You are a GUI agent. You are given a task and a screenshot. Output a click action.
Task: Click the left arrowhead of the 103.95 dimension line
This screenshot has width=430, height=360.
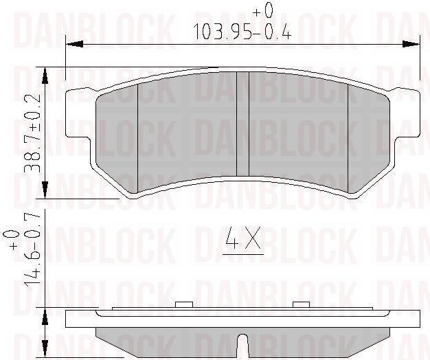click(71, 44)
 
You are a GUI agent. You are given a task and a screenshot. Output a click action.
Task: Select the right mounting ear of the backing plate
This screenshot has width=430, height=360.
click(408, 113)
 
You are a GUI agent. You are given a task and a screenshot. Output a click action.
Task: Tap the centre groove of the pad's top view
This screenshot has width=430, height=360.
click(241, 124)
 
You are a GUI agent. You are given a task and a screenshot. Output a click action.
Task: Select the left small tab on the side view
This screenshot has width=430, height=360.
click(183, 304)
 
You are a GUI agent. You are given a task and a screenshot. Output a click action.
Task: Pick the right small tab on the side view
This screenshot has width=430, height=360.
click(301, 304)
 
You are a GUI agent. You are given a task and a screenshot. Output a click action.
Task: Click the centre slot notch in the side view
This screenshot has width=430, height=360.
click(241, 346)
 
